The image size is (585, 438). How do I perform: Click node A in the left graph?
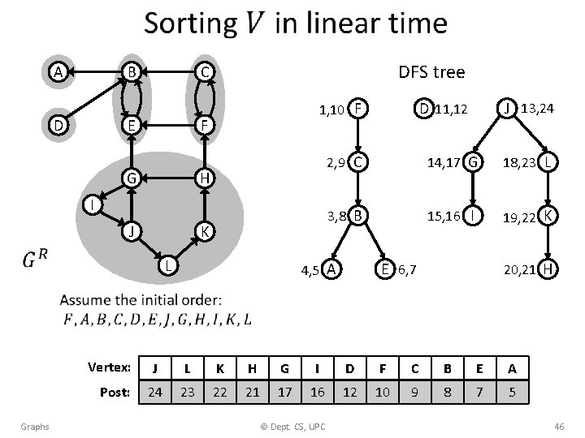pos(57,71)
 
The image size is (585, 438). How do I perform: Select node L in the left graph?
pos(166,264)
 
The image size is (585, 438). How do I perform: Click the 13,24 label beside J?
pos(538,107)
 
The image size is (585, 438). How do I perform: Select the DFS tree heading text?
pos(431,72)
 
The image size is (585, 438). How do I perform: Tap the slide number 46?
pos(558,426)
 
